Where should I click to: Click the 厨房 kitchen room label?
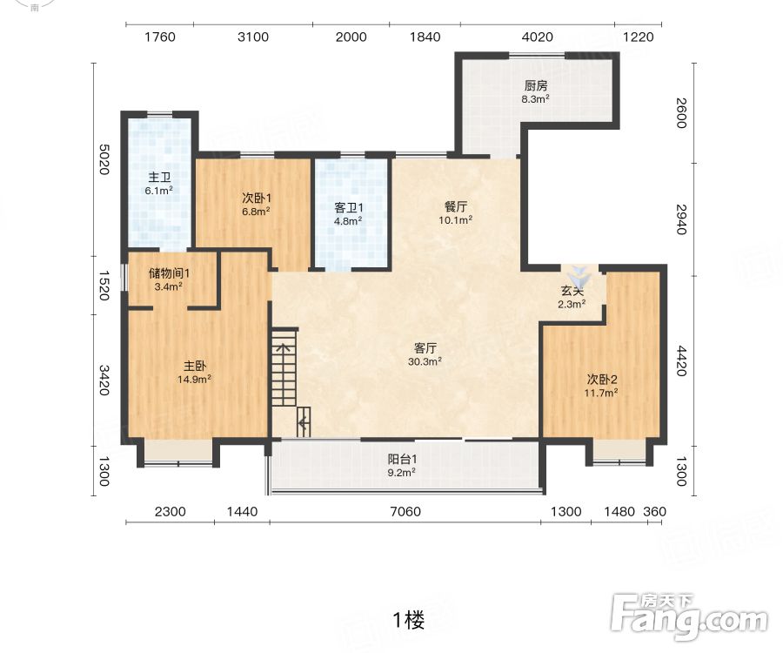click(536, 86)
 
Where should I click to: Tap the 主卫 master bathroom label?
click(159, 178)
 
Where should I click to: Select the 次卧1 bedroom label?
click(256, 199)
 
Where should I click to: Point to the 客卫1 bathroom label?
click(349, 207)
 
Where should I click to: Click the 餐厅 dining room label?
click(456, 206)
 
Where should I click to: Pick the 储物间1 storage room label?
click(169, 273)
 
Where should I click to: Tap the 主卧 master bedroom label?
click(194, 366)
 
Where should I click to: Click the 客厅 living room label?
click(425, 347)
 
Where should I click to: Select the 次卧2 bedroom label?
click(602, 380)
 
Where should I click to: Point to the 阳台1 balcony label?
click(402, 459)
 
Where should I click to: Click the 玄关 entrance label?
click(572, 291)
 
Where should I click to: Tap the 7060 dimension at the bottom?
click(405, 512)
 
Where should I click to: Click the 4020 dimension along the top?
click(538, 37)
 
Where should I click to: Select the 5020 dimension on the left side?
click(104, 159)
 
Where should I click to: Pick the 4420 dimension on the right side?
click(681, 361)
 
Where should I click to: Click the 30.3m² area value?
click(425, 361)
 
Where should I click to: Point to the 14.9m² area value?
click(194, 380)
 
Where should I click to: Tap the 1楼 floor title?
click(409, 621)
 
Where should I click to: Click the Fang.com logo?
click(689, 617)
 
